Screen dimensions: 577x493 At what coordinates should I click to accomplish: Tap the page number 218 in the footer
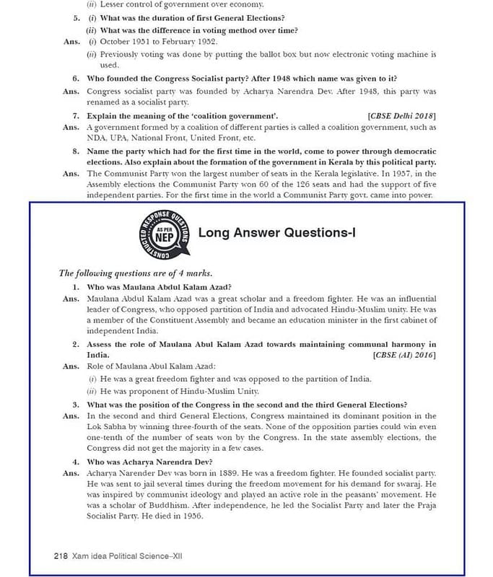coord(61,556)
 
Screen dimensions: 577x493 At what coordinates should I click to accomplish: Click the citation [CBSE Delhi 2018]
coord(402,115)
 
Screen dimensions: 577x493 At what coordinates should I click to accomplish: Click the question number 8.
coord(75,151)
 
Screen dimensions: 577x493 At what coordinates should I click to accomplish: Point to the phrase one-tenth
coord(109,438)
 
